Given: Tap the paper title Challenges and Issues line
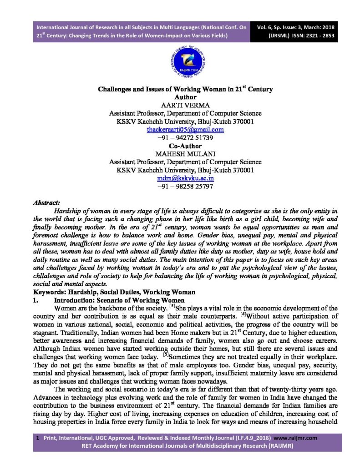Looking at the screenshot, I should point(185,89).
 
